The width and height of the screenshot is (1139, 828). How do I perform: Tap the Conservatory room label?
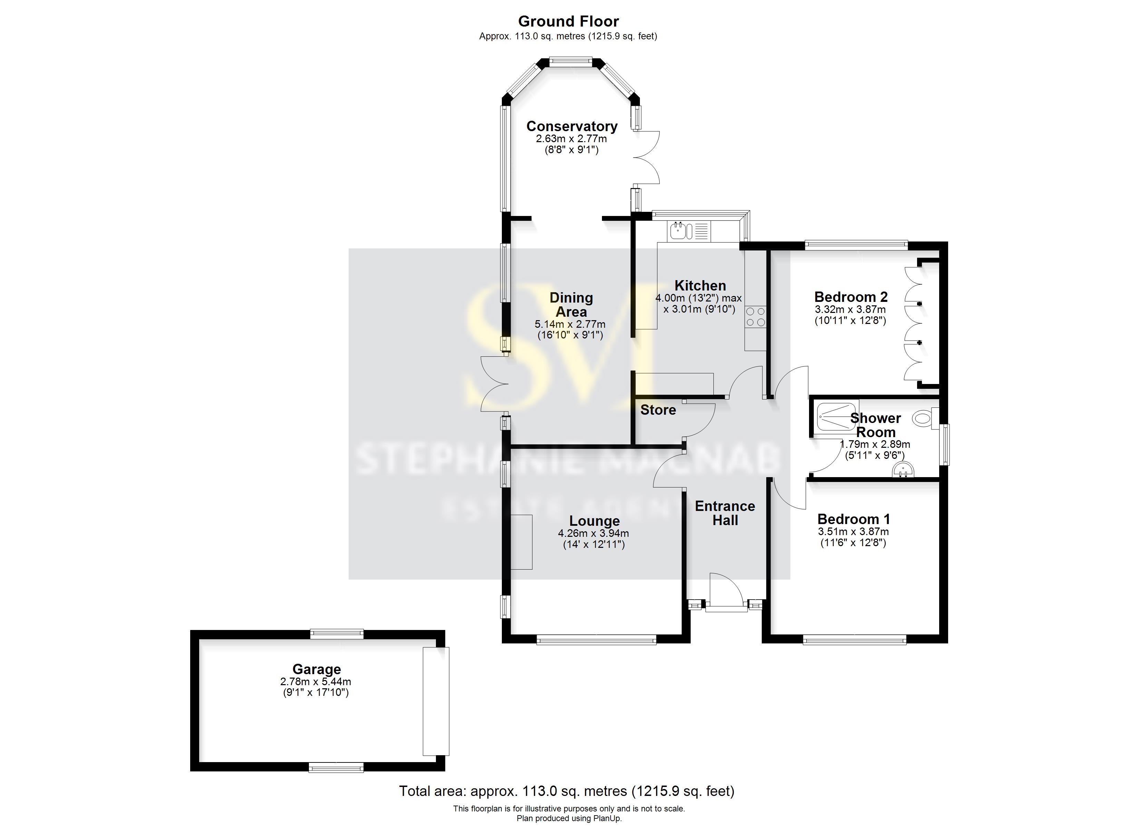[572, 126]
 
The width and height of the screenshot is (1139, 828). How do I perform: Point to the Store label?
[658, 410]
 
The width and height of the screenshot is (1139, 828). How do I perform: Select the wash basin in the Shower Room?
[903, 471]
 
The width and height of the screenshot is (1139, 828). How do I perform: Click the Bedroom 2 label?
[851, 297]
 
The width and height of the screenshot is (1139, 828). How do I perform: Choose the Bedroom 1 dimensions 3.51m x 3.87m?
[853, 532]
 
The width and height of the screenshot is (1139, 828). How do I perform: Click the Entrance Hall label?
[725, 513]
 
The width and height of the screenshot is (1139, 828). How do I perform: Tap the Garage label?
[317, 669]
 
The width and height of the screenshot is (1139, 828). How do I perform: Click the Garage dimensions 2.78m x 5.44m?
[315, 682]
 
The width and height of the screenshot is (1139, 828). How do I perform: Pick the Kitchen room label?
[700, 285]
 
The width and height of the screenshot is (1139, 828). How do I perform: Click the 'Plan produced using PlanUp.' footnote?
[569, 818]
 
